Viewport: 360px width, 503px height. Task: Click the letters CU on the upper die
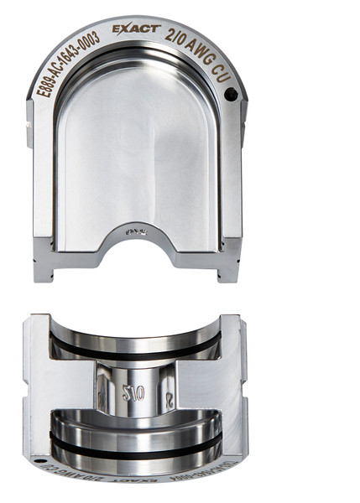pyautogui.click(x=224, y=74)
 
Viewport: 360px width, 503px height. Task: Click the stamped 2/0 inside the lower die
pyautogui.click(x=133, y=392)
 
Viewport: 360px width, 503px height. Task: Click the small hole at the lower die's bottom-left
pyautogui.click(x=39, y=462)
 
